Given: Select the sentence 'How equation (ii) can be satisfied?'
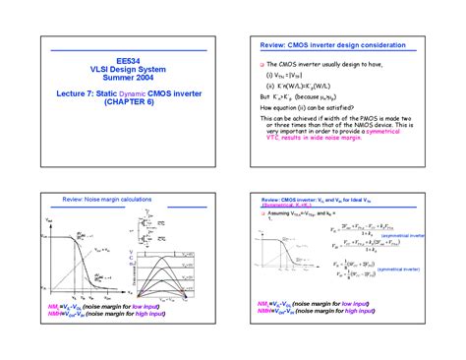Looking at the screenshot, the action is coord(314,108).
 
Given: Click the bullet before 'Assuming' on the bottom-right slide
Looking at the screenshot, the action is coord(262,212).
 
